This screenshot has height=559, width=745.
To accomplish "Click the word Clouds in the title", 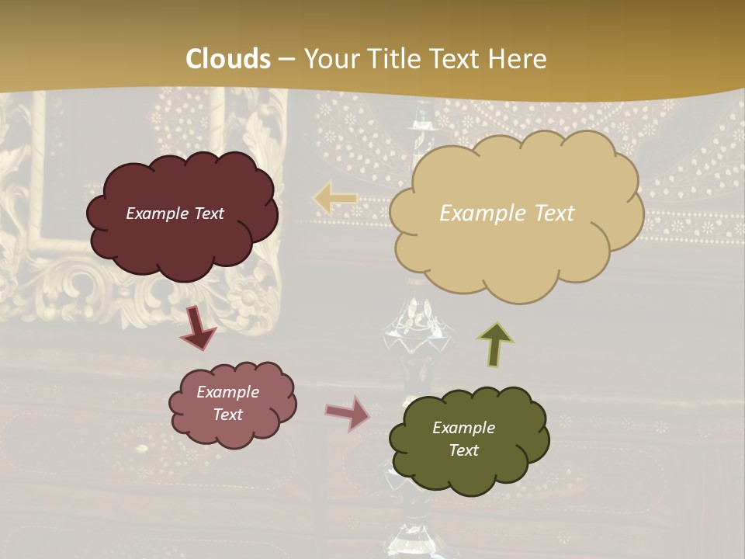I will click(228, 59).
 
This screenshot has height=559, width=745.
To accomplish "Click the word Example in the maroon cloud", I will click(158, 214).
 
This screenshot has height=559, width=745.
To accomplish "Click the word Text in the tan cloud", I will click(548, 214).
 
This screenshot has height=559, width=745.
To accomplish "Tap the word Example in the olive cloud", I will click(463, 428).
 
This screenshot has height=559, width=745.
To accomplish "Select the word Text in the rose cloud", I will click(227, 415).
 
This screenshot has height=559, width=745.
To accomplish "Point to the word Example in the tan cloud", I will click(476, 214).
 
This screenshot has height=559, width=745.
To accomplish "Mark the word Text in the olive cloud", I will click(463, 450).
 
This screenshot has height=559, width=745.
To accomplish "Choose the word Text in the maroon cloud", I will click(208, 214).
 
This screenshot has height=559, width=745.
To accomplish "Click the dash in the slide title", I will click(287, 59).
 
